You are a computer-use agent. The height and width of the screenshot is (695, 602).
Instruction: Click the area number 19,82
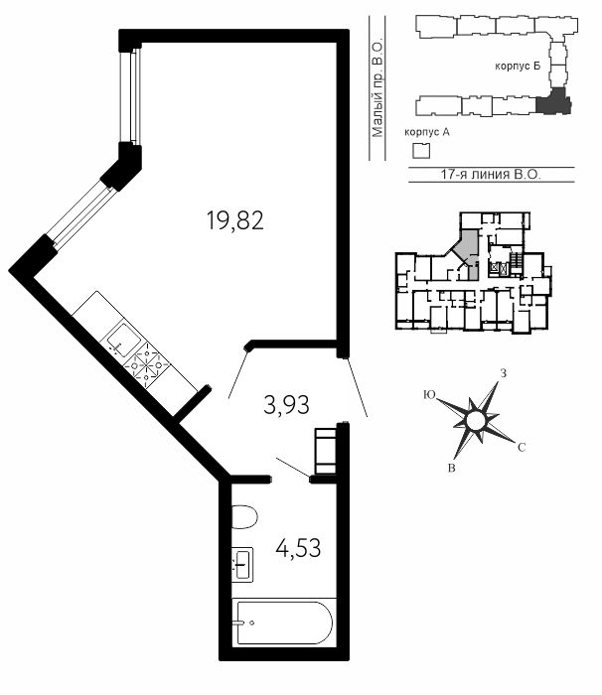click(x=235, y=220)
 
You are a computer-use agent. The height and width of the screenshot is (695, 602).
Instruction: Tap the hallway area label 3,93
click(x=286, y=405)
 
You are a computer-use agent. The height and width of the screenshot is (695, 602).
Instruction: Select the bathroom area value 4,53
click(x=298, y=548)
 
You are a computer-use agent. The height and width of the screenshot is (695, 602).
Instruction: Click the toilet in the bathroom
click(x=244, y=516)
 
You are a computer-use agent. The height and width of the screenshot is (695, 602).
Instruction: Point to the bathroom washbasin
click(x=242, y=564)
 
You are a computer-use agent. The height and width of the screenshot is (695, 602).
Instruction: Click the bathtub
click(x=284, y=623)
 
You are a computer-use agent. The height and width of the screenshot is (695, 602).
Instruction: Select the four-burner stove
click(x=147, y=365)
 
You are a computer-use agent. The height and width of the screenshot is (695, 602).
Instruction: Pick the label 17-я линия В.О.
click(x=491, y=174)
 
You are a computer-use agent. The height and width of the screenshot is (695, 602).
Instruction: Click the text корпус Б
click(x=518, y=67)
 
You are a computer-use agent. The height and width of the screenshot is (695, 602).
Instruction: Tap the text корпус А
click(x=427, y=132)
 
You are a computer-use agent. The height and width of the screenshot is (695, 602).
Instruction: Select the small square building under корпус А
click(x=421, y=151)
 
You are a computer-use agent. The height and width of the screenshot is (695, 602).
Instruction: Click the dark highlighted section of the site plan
click(x=552, y=101)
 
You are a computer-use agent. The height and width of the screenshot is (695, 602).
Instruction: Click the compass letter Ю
click(x=429, y=394)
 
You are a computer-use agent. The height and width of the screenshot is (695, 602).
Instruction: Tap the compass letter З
click(x=503, y=373)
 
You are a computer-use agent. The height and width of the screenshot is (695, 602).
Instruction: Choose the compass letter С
click(x=522, y=448)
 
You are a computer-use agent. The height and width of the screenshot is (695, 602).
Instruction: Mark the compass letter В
click(x=452, y=468)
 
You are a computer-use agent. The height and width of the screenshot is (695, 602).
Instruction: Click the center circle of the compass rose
click(x=475, y=420)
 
